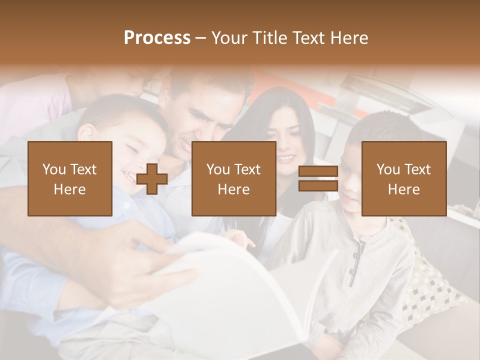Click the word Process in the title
pyautogui.click(x=157, y=38)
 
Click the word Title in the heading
pyautogui.click(x=268, y=38)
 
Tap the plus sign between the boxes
pyautogui.click(x=152, y=179)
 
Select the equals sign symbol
pyautogui.click(x=318, y=178)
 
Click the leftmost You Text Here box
pyautogui.click(x=70, y=178)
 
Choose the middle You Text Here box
pyautogui.click(x=234, y=178)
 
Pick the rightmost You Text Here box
pyautogui.click(x=404, y=178)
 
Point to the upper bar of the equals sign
pyautogui.click(x=318, y=171)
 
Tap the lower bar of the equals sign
pyautogui.click(x=318, y=185)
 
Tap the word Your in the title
pyautogui.click(x=230, y=38)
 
